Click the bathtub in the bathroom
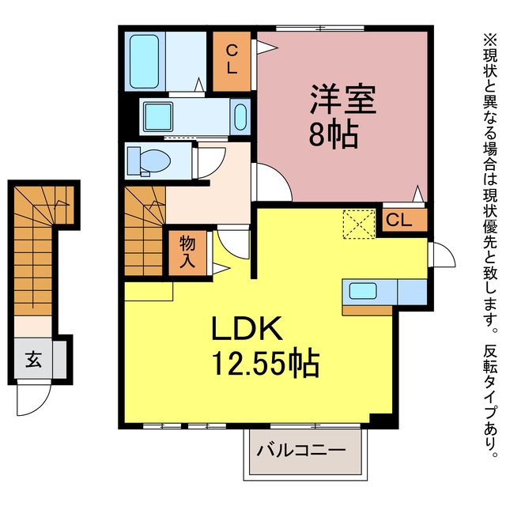click(x=144, y=62)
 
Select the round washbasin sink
click(x=240, y=116)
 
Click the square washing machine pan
click(x=158, y=116)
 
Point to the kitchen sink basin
click(x=363, y=290)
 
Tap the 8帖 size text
click(x=334, y=135)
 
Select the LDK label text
click(x=247, y=328)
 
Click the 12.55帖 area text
click(x=266, y=364)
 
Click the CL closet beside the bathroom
click(x=232, y=62)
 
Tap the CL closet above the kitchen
click(x=405, y=220)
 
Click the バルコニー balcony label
click(x=300, y=450)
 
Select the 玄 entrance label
click(x=33, y=359)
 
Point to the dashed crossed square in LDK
click(x=359, y=225)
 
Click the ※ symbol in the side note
click(x=490, y=40)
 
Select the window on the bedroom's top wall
click(x=320, y=28)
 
